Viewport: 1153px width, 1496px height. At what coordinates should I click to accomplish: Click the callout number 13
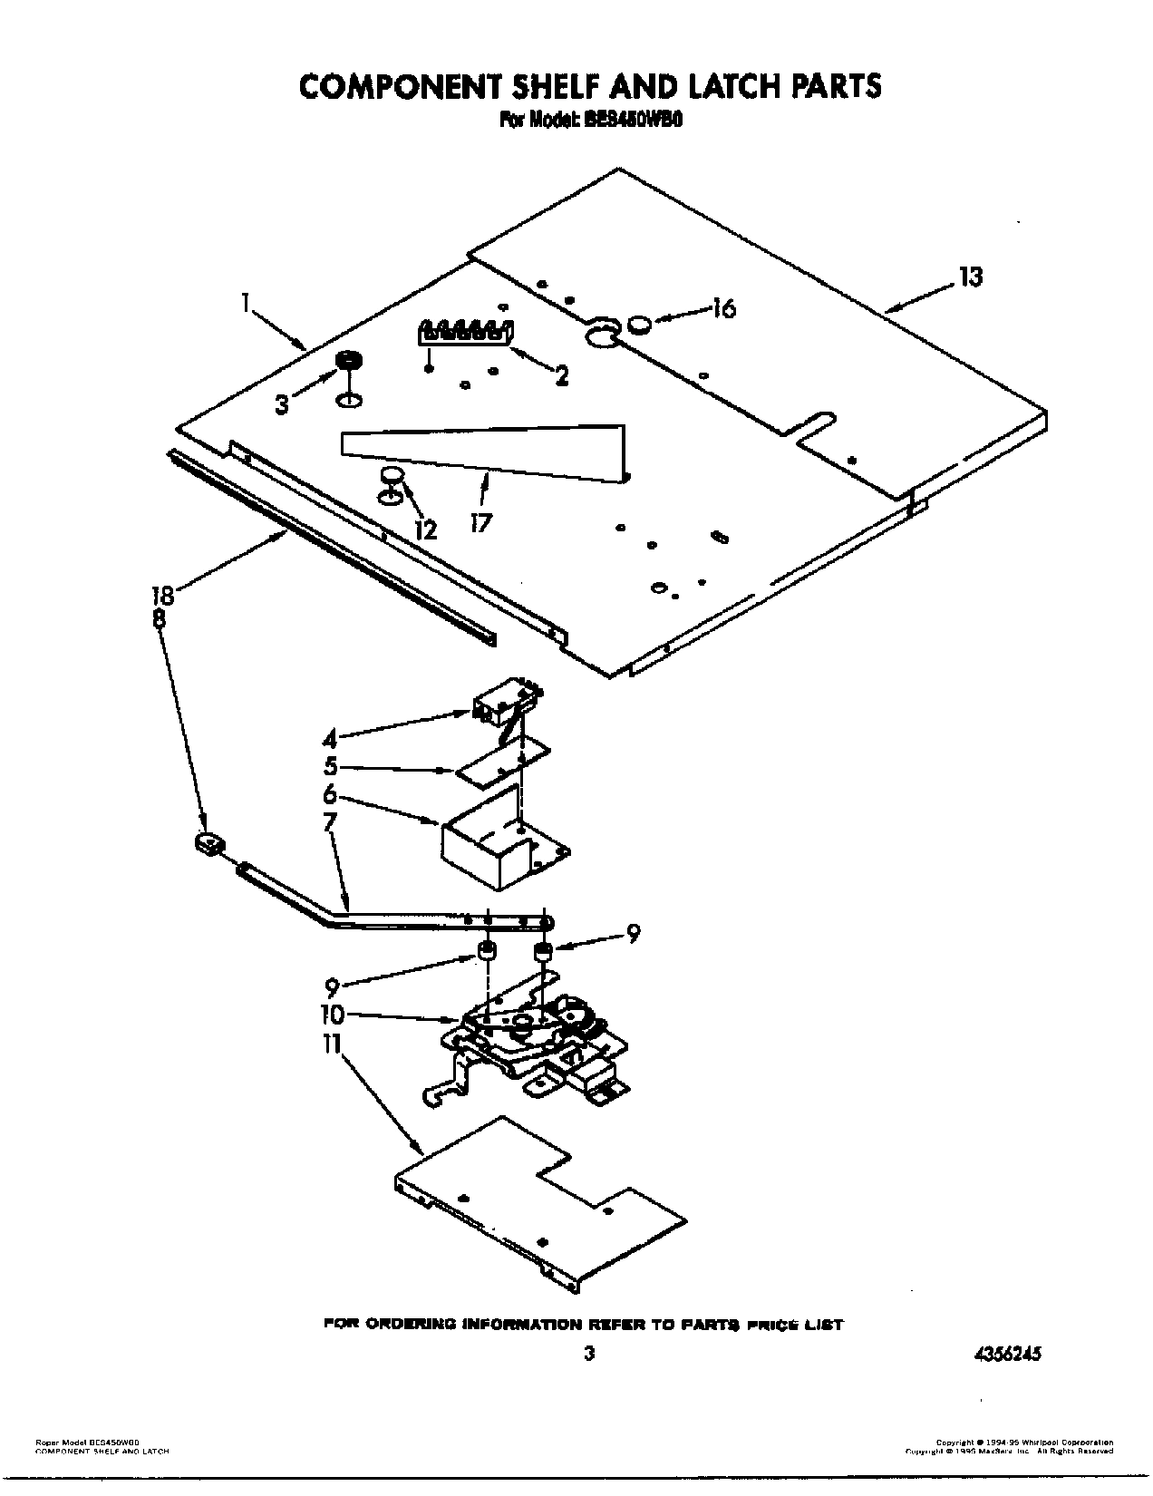(x=970, y=277)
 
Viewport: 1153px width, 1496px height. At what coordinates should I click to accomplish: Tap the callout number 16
(x=722, y=308)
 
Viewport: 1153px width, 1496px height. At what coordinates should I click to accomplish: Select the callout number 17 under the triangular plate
(x=481, y=523)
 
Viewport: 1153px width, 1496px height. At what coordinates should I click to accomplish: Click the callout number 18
(x=163, y=596)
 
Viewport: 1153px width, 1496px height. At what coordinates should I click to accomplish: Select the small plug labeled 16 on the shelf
(x=640, y=322)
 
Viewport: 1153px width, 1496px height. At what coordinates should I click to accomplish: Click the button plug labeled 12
(x=391, y=476)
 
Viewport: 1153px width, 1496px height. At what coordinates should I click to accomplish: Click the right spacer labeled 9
(x=543, y=952)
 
